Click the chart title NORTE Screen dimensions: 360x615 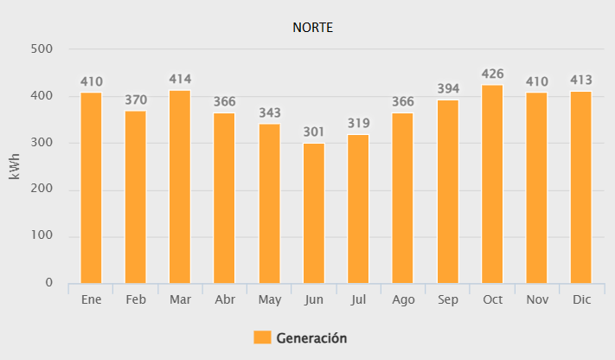[x=313, y=28]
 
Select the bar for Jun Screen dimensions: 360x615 [x=314, y=213]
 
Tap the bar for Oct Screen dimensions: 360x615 [x=492, y=183]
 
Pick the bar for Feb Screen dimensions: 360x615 [x=135, y=196]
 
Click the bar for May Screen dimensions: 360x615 [x=269, y=203]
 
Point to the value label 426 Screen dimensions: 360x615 [x=492, y=74]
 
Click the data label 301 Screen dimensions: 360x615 [x=314, y=132]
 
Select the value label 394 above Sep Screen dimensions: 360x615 [x=448, y=89]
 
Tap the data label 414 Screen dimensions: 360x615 [x=180, y=80]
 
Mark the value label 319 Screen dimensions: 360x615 [x=358, y=123]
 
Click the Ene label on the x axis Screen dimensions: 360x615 [x=91, y=299]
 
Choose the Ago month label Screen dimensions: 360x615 [x=403, y=299]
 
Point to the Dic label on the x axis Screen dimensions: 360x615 [x=581, y=299]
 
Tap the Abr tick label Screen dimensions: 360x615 [x=225, y=299]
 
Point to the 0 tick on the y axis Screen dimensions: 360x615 [x=49, y=283]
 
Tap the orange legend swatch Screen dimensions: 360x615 [x=262, y=337]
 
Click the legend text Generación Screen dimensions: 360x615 [x=311, y=337]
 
